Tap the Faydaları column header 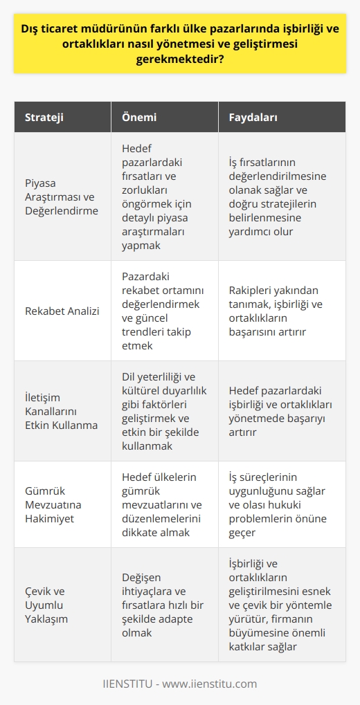point(253,118)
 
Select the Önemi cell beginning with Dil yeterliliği point(163,410)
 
